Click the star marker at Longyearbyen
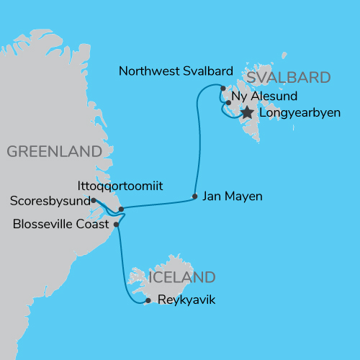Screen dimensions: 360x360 pyautogui.click(x=247, y=112)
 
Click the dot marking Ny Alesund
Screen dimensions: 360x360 pyautogui.click(x=228, y=103)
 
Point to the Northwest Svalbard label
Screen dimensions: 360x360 pyautogui.click(x=176, y=71)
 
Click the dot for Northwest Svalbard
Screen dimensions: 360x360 pyautogui.click(x=223, y=88)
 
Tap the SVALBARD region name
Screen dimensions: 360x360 pyautogui.click(x=288, y=78)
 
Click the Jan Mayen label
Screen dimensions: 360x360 pyautogui.click(x=232, y=195)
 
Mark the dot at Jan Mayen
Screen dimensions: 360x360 pyautogui.click(x=195, y=196)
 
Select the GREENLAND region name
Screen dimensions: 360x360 pyautogui.click(x=53, y=151)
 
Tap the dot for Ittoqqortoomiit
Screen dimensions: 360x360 pyautogui.click(x=121, y=210)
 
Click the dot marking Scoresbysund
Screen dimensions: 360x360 pyautogui.click(x=94, y=201)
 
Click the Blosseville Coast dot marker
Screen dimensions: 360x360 pyautogui.click(x=117, y=225)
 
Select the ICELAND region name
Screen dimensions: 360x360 pyautogui.click(x=181, y=277)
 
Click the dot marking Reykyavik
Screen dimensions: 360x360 pyautogui.click(x=148, y=300)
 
